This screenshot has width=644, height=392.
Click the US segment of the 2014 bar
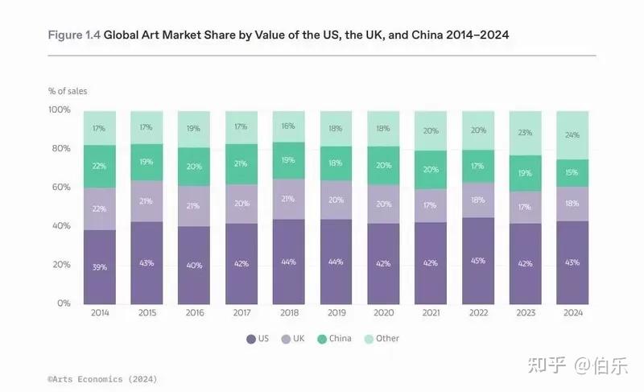coord(99,266)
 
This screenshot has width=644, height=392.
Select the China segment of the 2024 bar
coord(572,173)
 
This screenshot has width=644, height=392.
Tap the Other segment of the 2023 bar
coord(526,133)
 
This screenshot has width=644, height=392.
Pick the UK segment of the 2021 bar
coord(431,205)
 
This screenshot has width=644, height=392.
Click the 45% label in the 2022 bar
coord(478,261)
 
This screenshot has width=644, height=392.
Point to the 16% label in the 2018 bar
coord(288,126)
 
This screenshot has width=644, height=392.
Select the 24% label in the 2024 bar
coord(572,134)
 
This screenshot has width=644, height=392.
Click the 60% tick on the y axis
coord(61,188)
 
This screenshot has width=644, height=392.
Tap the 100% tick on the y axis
coord(60,109)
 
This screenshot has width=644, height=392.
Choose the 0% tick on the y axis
coord(64,303)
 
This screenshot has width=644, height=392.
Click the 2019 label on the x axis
coord(336,313)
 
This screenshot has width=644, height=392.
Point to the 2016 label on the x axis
coord(195,313)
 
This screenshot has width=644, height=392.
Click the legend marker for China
coord(322,339)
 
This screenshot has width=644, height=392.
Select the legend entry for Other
coord(382,339)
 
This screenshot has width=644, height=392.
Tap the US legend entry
coord(258,339)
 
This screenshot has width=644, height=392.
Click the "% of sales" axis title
coord(68,91)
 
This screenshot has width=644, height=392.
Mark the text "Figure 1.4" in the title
coord(74,35)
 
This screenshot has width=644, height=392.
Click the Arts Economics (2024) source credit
coord(102,379)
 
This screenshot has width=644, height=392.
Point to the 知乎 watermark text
coord(547,365)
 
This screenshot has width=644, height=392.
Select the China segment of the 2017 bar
coord(242,164)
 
